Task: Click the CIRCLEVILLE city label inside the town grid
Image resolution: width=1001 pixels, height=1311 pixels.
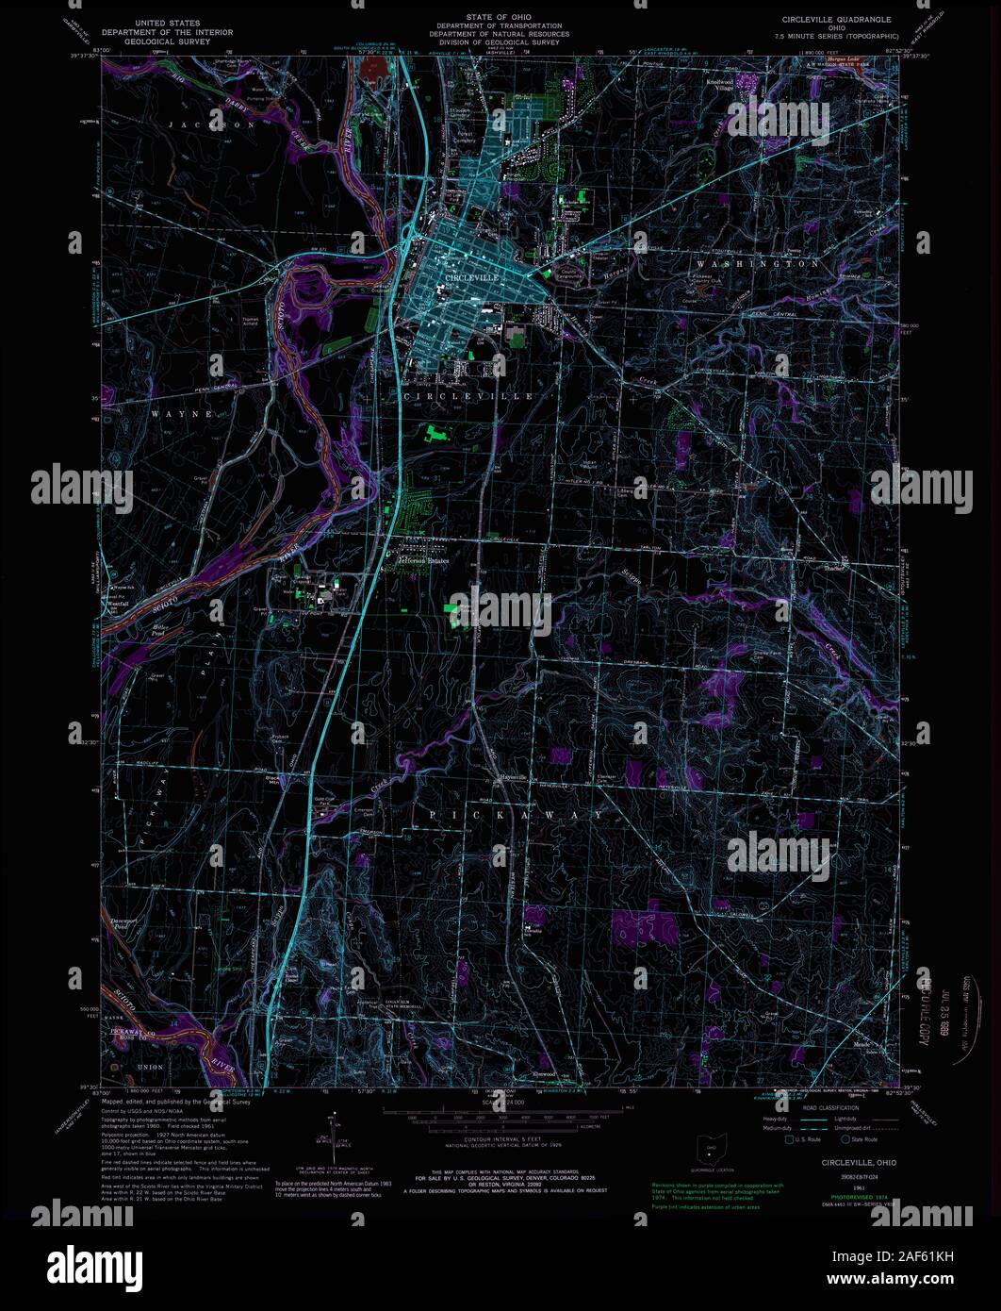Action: (471, 279)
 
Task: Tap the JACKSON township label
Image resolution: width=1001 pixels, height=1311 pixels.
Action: (199, 124)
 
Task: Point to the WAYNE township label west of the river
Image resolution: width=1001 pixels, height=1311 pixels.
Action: (173, 412)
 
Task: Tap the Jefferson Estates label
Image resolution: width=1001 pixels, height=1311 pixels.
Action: (423, 560)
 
